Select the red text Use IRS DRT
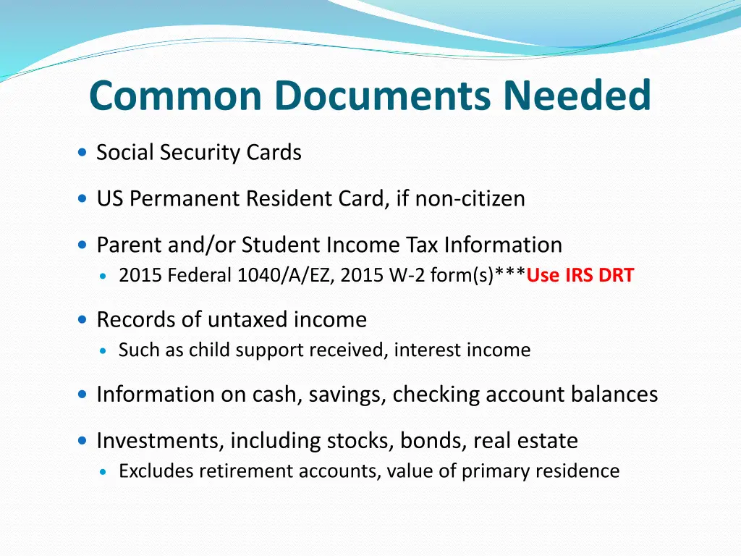coord(580,276)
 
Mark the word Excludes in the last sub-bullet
coord(156,471)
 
